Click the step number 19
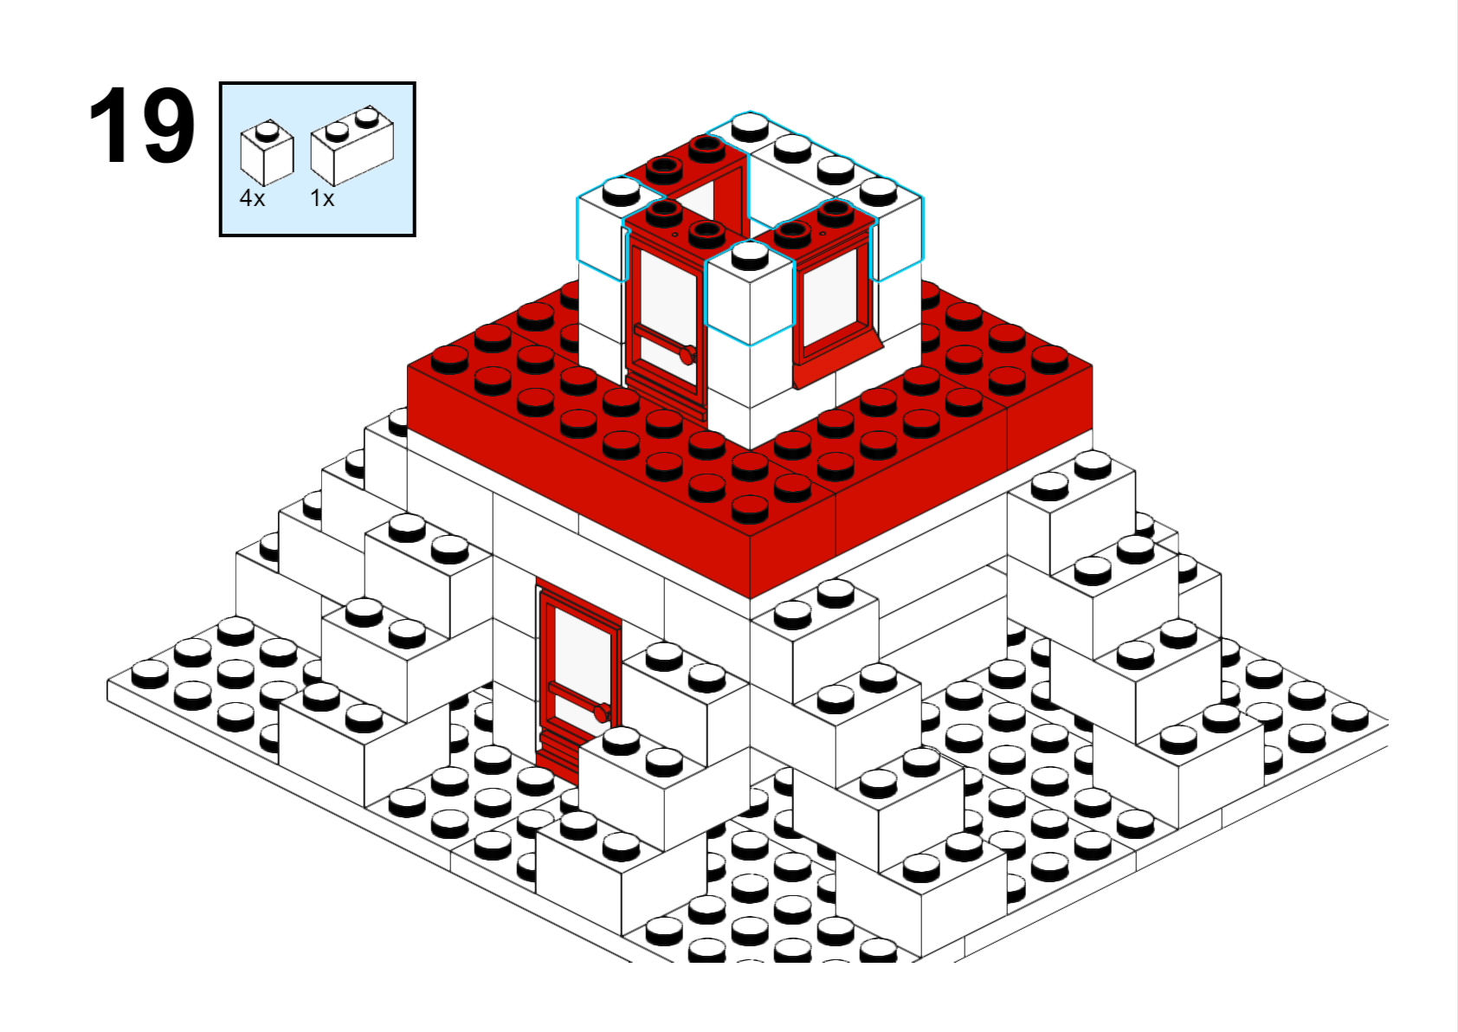click(x=142, y=125)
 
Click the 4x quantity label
click(x=253, y=197)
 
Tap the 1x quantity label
click(x=322, y=197)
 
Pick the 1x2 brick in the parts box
click(x=352, y=145)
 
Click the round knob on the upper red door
click(x=687, y=355)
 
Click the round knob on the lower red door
click(x=602, y=713)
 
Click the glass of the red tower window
click(x=830, y=297)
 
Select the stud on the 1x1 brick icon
click(x=267, y=132)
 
